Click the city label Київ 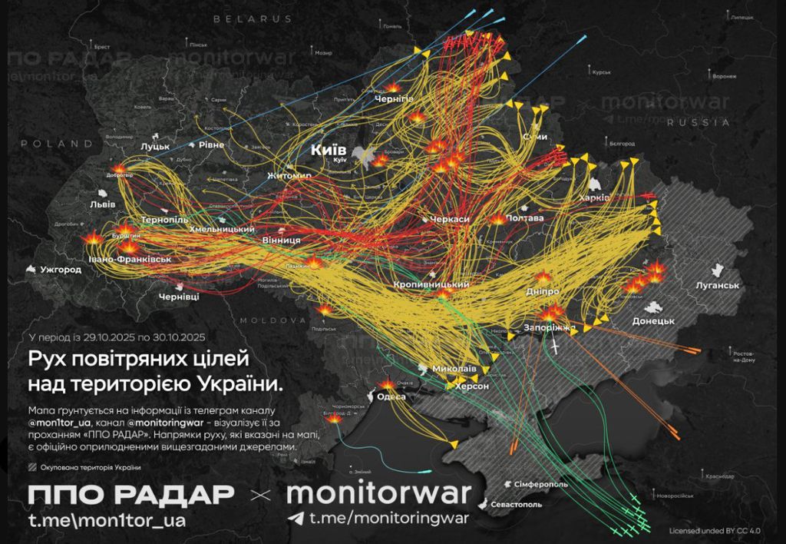[329, 150]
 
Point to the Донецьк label [653, 320]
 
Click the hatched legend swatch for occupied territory [31, 466]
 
